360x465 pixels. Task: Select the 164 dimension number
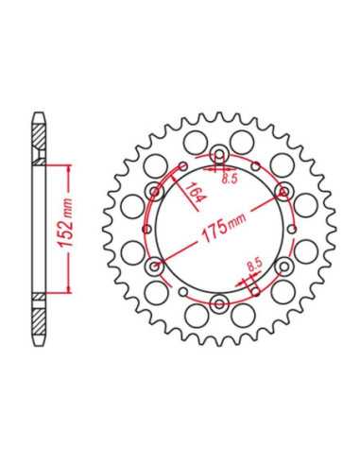pos(195,193)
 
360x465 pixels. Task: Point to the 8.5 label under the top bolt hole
pos(230,179)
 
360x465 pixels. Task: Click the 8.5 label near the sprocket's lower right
pos(254,266)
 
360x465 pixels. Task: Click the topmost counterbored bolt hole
pos(219,154)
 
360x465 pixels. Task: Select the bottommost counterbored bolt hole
pos(219,304)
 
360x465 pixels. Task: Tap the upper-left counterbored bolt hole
pos(155,192)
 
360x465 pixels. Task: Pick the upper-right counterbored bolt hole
pos(284,192)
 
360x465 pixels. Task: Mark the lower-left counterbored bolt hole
pos(155,267)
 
